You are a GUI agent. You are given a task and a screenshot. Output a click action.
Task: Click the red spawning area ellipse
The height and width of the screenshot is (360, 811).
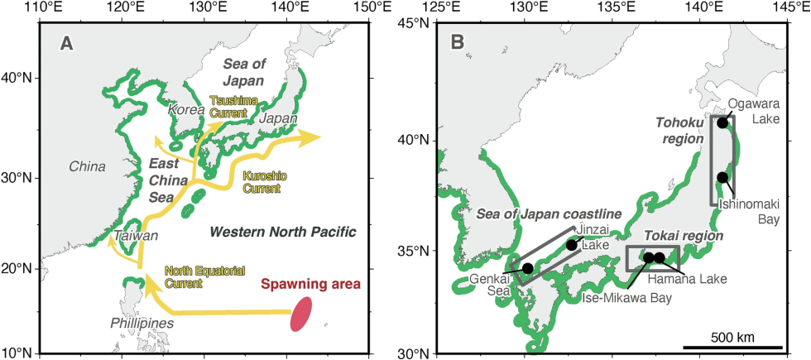coord(302,314)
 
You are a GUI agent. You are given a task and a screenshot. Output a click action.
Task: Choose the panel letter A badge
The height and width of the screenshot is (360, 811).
coord(67,44)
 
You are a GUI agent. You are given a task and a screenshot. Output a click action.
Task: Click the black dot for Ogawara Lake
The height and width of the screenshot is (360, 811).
coord(722,122)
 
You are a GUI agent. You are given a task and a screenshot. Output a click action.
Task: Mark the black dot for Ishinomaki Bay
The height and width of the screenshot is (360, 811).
coord(722,177)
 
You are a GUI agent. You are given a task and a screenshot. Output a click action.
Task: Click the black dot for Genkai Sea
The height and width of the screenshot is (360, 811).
coord(527,268)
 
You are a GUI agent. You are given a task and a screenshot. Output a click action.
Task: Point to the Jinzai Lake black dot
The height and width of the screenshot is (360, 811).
coord(571,245)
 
